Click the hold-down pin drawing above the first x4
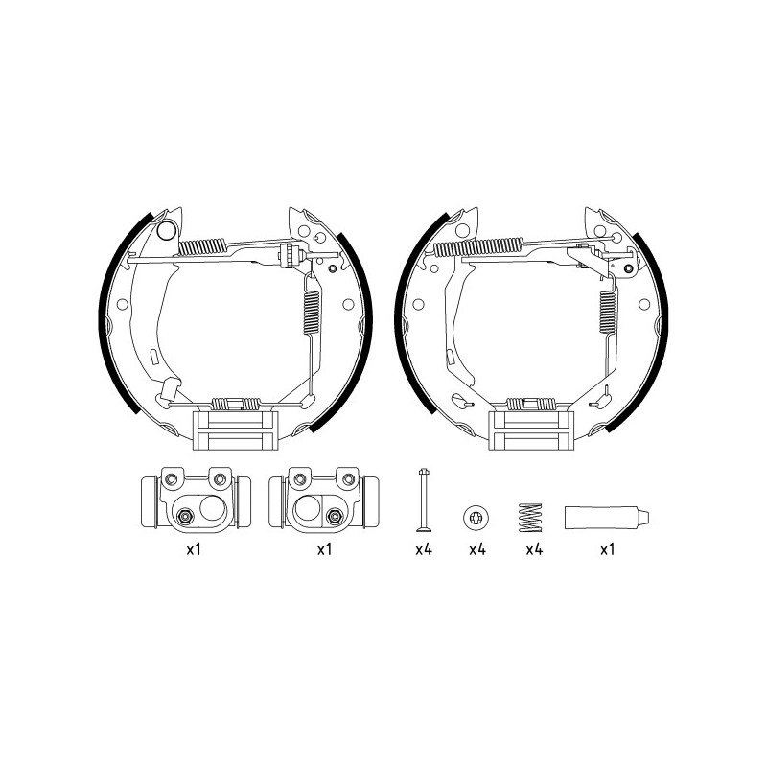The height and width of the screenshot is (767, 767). (424, 500)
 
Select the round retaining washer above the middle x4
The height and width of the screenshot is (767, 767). (476, 517)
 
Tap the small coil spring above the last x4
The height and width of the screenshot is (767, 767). (530, 517)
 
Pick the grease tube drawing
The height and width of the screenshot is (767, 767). (607, 518)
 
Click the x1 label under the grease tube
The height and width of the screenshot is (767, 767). (607, 549)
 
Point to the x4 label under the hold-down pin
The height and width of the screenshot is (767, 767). (424, 549)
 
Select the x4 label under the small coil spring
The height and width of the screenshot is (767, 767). (534, 549)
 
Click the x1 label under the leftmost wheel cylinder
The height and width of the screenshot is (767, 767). (194, 549)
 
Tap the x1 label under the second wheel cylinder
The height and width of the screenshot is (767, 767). (324, 549)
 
